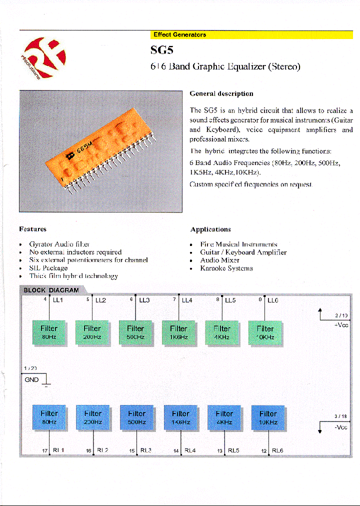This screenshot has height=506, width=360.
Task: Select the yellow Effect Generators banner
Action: pos(252,34)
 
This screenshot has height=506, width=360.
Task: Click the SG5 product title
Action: pos(161,49)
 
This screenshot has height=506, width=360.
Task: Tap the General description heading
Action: pos(221,93)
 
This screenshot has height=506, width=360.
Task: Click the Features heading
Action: pos(32,229)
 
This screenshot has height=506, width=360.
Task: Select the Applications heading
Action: pos(210,229)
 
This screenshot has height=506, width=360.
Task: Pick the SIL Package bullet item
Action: pos(48,268)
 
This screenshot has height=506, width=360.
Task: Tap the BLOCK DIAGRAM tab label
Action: pos(51,290)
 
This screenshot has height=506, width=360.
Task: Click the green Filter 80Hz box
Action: pos(49,332)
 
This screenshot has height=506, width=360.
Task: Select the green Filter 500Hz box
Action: pos(135,332)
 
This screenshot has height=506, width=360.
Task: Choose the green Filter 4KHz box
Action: pos(222,332)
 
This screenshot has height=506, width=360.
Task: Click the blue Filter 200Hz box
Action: pos(92,417)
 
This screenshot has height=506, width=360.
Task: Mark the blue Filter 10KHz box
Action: pos(268,417)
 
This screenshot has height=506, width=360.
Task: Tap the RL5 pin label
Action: pos(233,450)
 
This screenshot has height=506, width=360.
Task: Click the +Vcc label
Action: pos(341,325)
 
